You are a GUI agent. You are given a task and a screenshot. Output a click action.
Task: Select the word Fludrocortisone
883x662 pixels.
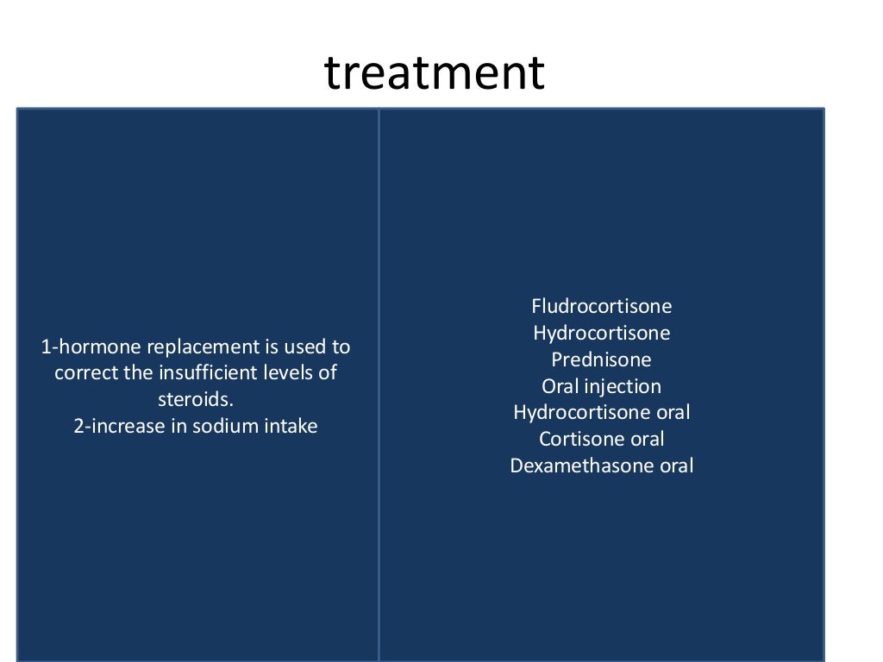click(601, 306)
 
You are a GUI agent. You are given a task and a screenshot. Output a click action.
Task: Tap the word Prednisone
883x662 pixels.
click(601, 359)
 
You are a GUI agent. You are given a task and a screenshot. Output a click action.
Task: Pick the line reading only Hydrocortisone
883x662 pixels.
click(601, 333)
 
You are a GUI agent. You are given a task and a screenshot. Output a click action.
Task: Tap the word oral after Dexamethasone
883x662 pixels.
click(674, 466)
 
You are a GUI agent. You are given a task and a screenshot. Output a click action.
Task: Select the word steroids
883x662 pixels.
click(196, 400)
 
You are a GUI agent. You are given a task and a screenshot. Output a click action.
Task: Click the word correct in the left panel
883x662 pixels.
click(83, 373)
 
